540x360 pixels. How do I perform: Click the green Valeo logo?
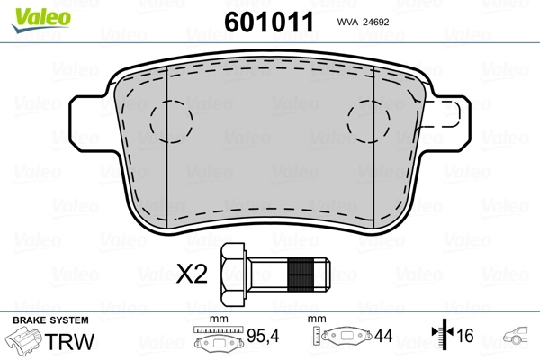tap(41, 20)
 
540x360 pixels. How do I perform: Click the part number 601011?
tap(269, 22)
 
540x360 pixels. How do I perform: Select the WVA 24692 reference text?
tap(363, 22)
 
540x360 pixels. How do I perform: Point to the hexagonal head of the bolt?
tap(233, 274)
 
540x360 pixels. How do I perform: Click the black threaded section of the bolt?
tap(301, 274)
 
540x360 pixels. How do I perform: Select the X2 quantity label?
tap(192, 274)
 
